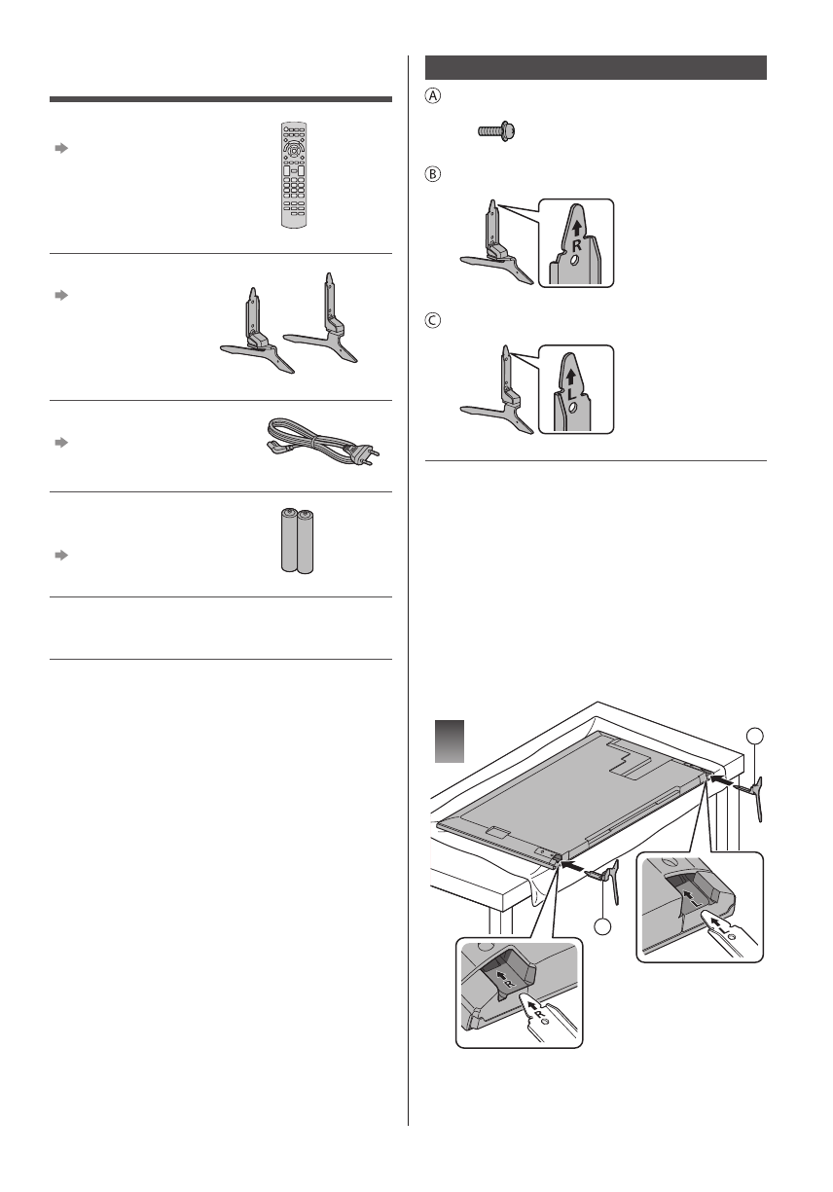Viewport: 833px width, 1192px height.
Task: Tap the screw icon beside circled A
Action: point(496,132)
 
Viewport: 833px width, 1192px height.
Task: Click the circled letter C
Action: point(433,320)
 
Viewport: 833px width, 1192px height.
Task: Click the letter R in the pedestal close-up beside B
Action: point(575,246)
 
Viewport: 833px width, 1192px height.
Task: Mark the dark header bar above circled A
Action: point(597,68)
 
